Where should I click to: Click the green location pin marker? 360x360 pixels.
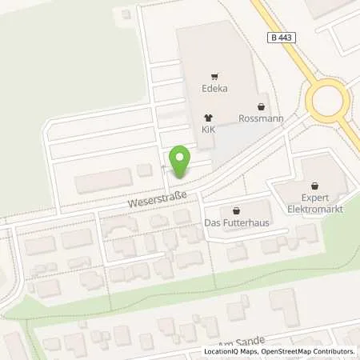point(181,162)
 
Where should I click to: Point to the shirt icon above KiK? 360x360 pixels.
point(209,117)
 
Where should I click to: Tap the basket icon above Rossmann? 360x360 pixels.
point(261,105)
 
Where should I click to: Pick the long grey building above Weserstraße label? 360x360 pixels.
point(106,182)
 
